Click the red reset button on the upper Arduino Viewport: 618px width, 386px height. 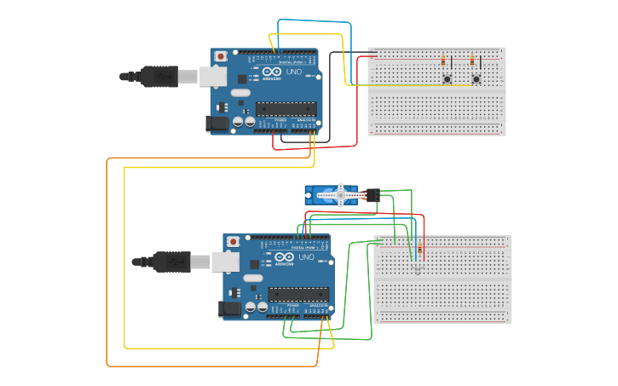[x=221, y=56]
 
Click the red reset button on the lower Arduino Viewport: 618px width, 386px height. [x=234, y=242]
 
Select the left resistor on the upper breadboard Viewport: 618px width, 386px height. [x=443, y=60]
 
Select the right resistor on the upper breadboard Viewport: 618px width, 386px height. [x=471, y=60]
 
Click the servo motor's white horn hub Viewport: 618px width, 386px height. [x=340, y=195]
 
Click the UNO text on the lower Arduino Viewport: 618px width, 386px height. [x=306, y=257]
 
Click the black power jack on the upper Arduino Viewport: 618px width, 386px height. [x=219, y=124]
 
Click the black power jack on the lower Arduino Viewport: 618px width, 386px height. [x=231, y=309]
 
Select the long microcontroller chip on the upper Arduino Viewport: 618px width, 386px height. [x=286, y=109]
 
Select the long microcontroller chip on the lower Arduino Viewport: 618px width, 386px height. [x=298, y=295]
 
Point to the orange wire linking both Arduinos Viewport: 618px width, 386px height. [x=107, y=256]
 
